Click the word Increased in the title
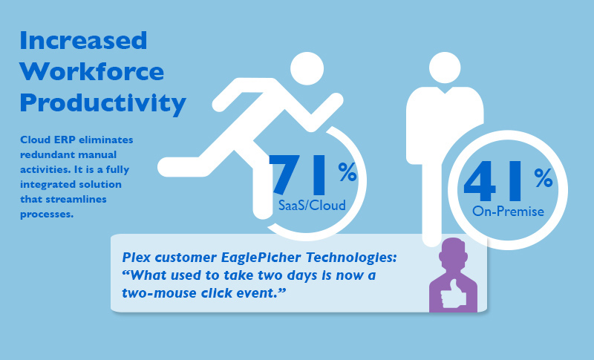(x=83, y=41)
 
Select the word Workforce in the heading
(x=92, y=71)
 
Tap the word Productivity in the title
(x=103, y=103)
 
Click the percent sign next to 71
(x=347, y=172)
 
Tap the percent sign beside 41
(x=544, y=178)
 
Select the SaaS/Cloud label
(x=312, y=205)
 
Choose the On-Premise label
(x=508, y=212)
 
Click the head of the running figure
(x=307, y=68)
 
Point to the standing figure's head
(x=445, y=68)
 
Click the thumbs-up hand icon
(x=454, y=294)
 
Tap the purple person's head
(x=453, y=252)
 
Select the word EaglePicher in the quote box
(x=261, y=258)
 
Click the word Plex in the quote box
(x=136, y=258)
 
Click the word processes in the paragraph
(x=47, y=215)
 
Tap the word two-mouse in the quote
(x=158, y=293)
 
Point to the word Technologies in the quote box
(x=351, y=258)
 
